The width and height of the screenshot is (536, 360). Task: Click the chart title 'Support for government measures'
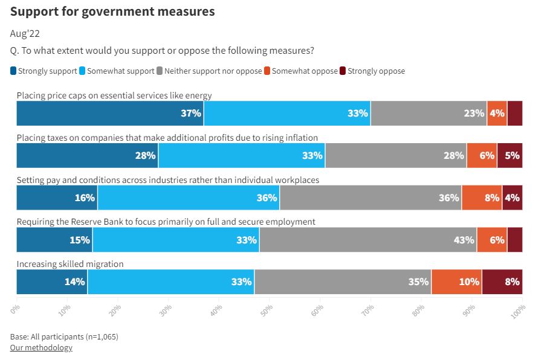point(112,11)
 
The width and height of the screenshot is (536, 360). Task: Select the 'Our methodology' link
point(41,347)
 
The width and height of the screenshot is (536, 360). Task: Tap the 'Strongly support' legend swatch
point(13,71)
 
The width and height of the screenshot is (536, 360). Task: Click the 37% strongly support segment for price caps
point(110,113)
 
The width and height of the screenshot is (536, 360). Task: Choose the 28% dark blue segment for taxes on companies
point(87,155)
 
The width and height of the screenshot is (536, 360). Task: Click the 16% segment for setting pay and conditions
point(57,198)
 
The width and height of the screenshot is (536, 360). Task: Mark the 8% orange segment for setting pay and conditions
point(482,198)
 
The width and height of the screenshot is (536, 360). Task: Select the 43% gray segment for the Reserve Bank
point(368,240)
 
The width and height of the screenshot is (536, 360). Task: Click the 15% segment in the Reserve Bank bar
point(54,240)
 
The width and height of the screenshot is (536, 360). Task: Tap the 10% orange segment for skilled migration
point(456,282)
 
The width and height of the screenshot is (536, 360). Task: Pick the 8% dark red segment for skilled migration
point(502,282)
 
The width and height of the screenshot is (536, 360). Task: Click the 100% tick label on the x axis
point(517,309)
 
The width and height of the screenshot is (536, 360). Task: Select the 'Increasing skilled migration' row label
point(70,264)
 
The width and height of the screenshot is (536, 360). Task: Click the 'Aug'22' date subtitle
point(25,34)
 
